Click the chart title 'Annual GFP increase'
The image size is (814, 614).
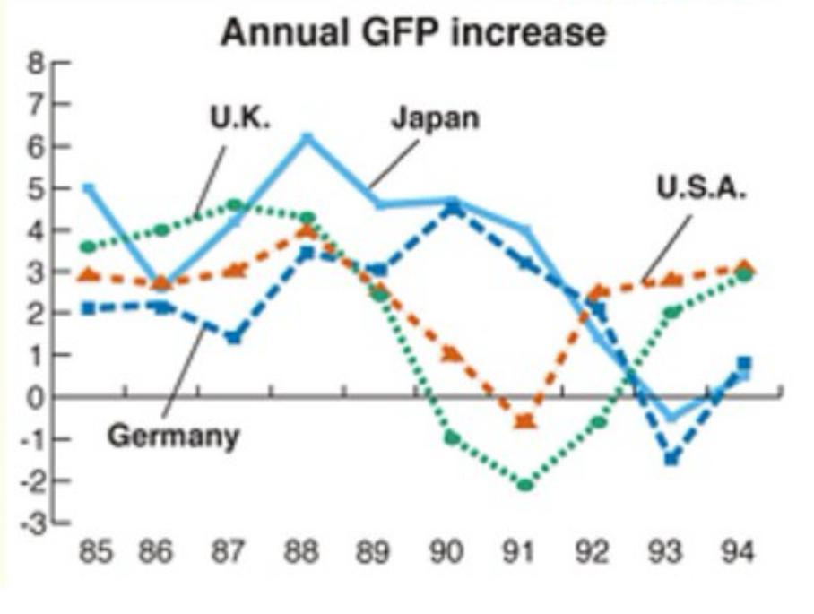pyautogui.click(x=413, y=33)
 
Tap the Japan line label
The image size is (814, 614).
pyautogui.click(x=436, y=117)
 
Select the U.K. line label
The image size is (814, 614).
pyautogui.click(x=239, y=117)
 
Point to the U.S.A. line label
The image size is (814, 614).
pyautogui.click(x=701, y=188)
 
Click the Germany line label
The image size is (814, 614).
pyautogui.click(x=174, y=436)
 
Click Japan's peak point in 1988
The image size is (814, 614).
pyautogui.click(x=307, y=138)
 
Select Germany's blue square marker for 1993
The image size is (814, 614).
pyautogui.click(x=671, y=458)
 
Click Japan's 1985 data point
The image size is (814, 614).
pyautogui.click(x=88, y=188)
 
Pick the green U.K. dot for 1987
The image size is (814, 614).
pyautogui.click(x=234, y=205)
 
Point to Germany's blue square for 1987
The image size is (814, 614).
pyautogui.click(x=234, y=338)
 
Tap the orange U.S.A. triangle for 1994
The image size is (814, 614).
pyautogui.click(x=744, y=266)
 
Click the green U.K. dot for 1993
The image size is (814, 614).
pyautogui.click(x=671, y=313)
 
